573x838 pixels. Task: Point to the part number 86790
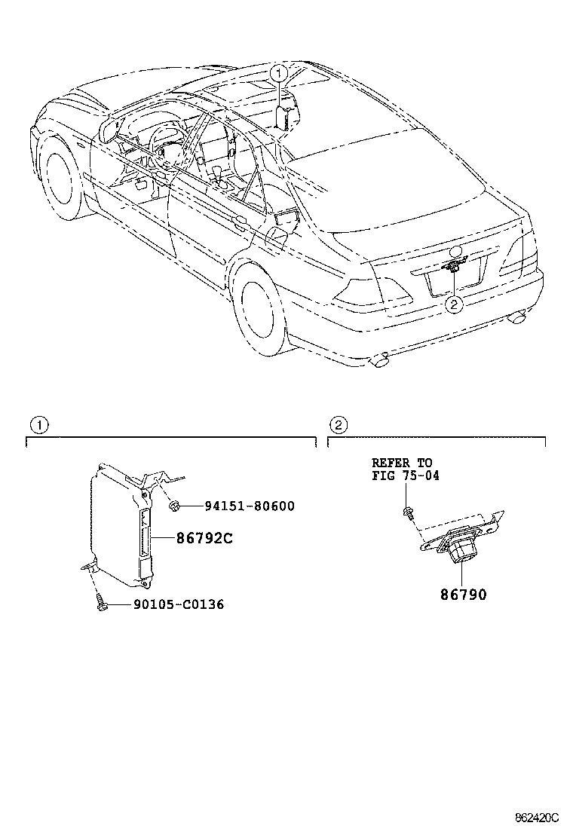464,595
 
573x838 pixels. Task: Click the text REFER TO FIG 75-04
405,469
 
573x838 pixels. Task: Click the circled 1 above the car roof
280,73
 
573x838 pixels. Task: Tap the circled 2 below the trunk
454,304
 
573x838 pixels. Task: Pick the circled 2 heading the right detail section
339,425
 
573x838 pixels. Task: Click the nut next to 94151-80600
174,506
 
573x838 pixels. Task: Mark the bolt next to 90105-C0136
101,604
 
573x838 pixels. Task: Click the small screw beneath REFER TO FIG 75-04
407,513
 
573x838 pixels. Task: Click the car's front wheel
60,175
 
